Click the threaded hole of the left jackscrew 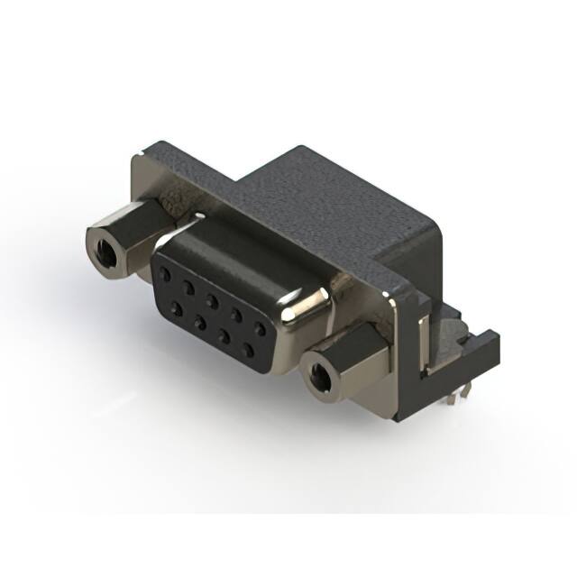(x=104, y=243)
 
